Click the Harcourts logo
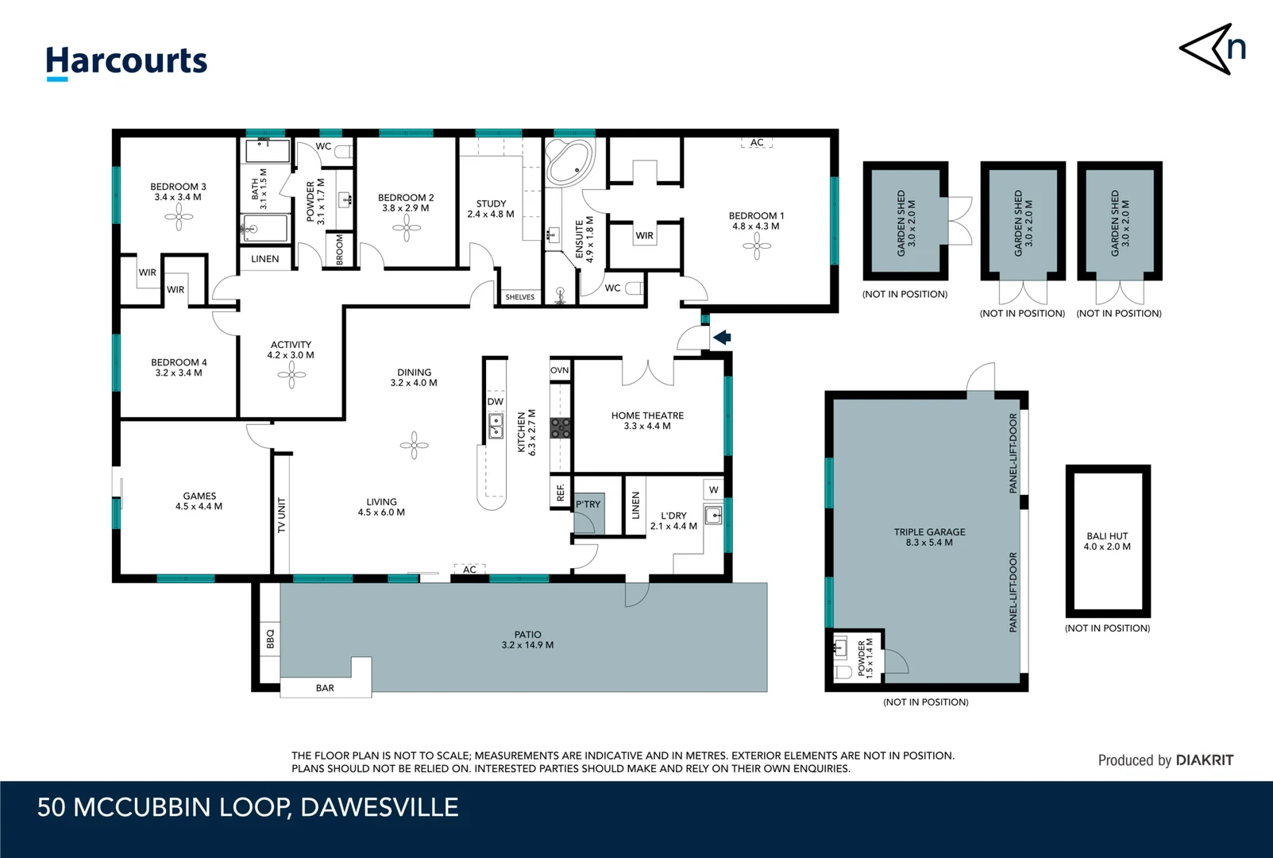(x=126, y=62)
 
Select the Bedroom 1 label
(x=755, y=220)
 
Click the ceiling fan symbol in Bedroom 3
(x=179, y=216)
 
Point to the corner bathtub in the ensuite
(x=569, y=162)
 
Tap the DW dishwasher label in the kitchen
(x=495, y=401)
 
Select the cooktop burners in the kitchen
(x=560, y=428)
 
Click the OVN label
(x=559, y=370)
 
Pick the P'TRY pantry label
(x=588, y=504)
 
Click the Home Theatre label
(x=646, y=420)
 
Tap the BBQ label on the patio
(x=270, y=639)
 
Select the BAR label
(x=325, y=688)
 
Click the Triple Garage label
(x=929, y=537)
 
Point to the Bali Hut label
(x=1107, y=541)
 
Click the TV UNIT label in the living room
(x=281, y=516)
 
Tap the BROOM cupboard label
(x=340, y=249)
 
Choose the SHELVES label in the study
(x=520, y=297)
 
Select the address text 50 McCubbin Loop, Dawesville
(x=248, y=807)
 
